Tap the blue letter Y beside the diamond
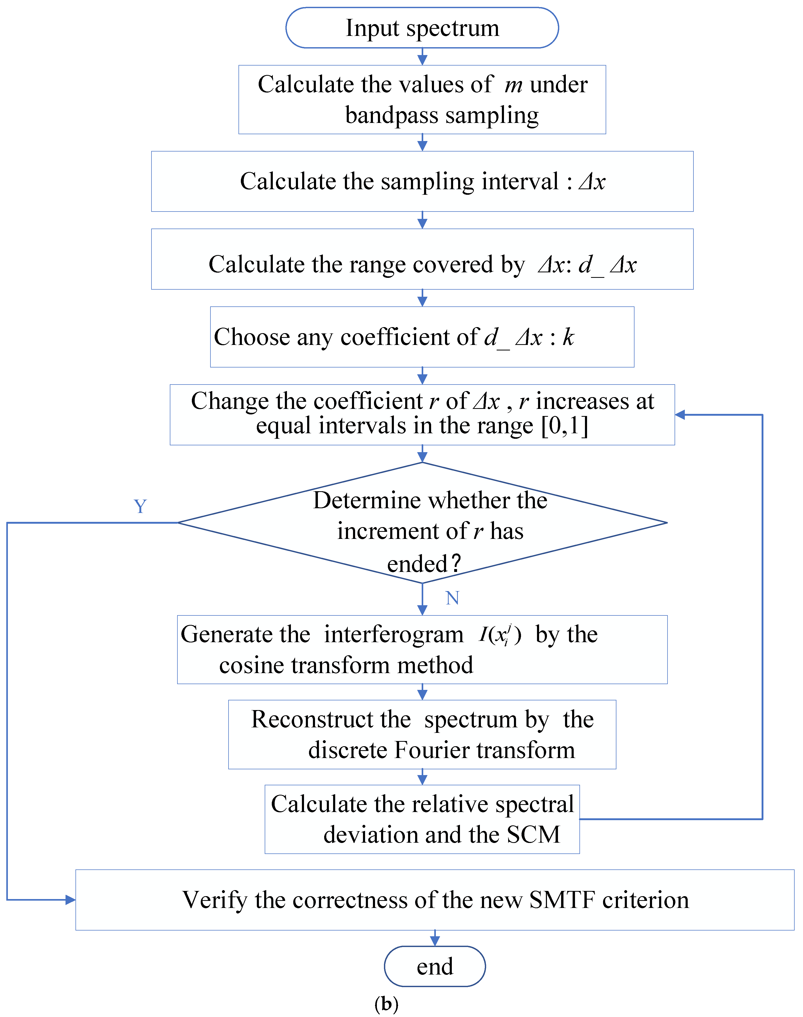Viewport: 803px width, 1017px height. pyautogui.click(x=140, y=506)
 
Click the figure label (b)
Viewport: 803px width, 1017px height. pyautogui.click(x=387, y=1004)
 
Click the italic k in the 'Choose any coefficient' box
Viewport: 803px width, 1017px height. pyautogui.click(x=568, y=337)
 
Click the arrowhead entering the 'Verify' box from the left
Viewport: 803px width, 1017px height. pyautogui.click(x=70, y=900)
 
